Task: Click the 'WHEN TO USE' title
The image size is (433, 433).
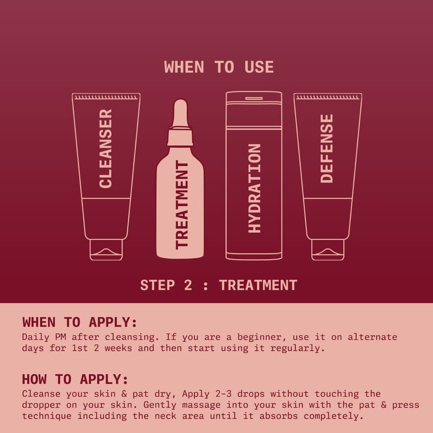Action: coord(219,67)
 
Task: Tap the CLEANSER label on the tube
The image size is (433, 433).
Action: coord(106,148)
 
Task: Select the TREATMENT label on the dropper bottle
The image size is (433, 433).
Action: coord(182,205)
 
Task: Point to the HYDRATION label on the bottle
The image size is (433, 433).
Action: coord(254,188)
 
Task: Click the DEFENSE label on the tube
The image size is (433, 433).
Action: coord(327,148)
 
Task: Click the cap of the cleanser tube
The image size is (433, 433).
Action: coord(106,250)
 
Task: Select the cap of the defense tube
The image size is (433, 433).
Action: coord(328,250)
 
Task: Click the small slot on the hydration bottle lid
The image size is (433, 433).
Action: coord(254,99)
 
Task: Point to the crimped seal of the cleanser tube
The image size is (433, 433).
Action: coord(106,97)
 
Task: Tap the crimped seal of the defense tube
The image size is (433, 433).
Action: coord(328,97)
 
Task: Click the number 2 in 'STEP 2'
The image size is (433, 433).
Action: coord(188,285)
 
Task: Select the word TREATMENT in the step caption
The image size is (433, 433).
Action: coord(258,285)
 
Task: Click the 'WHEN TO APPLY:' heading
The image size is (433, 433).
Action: coord(80,322)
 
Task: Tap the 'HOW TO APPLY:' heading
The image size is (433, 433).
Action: coord(75,379)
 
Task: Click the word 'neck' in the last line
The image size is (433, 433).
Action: coord(165,416)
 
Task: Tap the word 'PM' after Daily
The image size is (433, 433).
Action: coord(61,337)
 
